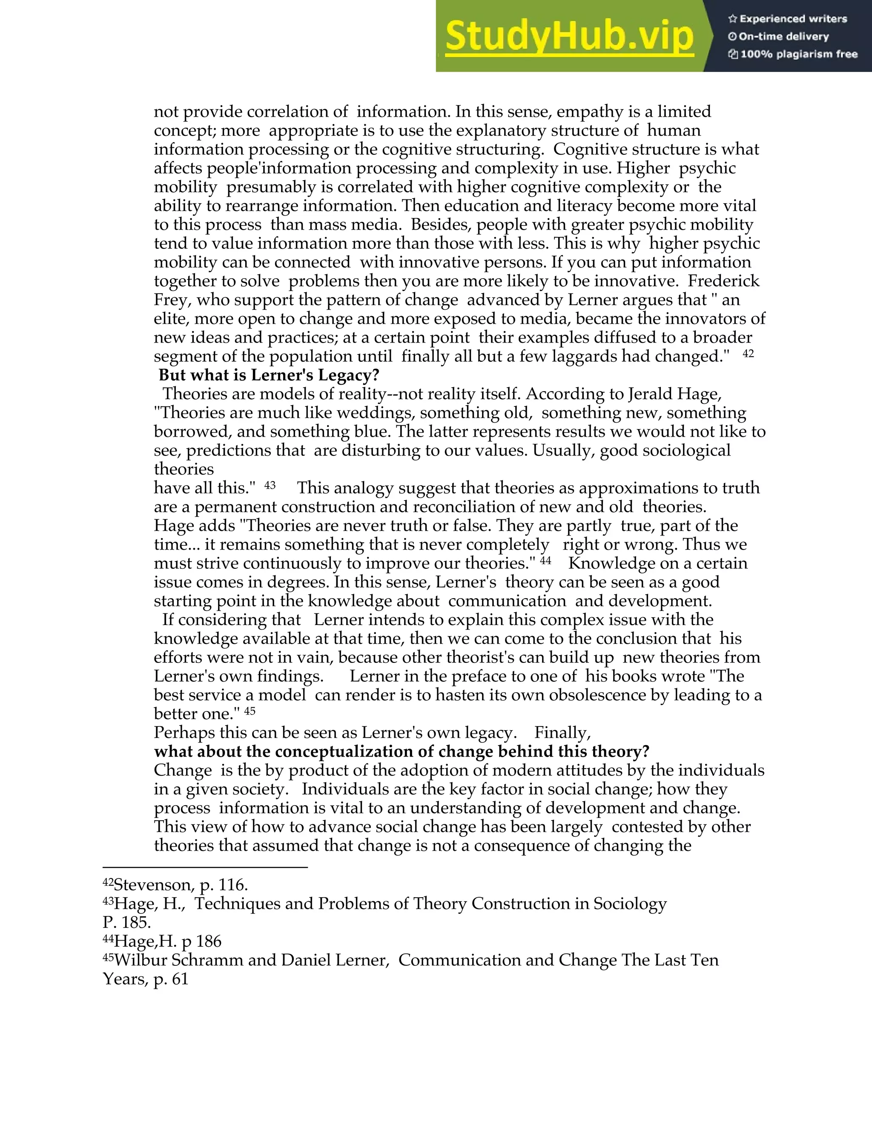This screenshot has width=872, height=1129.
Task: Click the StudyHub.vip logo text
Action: coord(569,37)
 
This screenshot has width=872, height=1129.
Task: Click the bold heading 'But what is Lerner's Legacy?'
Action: coord(269,375)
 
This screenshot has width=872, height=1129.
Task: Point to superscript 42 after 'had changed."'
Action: coord(748,354)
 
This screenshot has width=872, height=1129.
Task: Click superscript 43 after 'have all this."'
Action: coord(270,486)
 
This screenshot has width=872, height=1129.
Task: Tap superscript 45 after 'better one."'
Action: coord(250,711)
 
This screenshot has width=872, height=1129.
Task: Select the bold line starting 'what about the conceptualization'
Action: coord(402,751)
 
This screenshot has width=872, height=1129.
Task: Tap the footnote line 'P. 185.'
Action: coord(126,922)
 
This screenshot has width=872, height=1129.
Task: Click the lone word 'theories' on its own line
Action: coord(184,469)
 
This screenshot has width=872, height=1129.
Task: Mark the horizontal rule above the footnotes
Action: coord(205,868)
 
